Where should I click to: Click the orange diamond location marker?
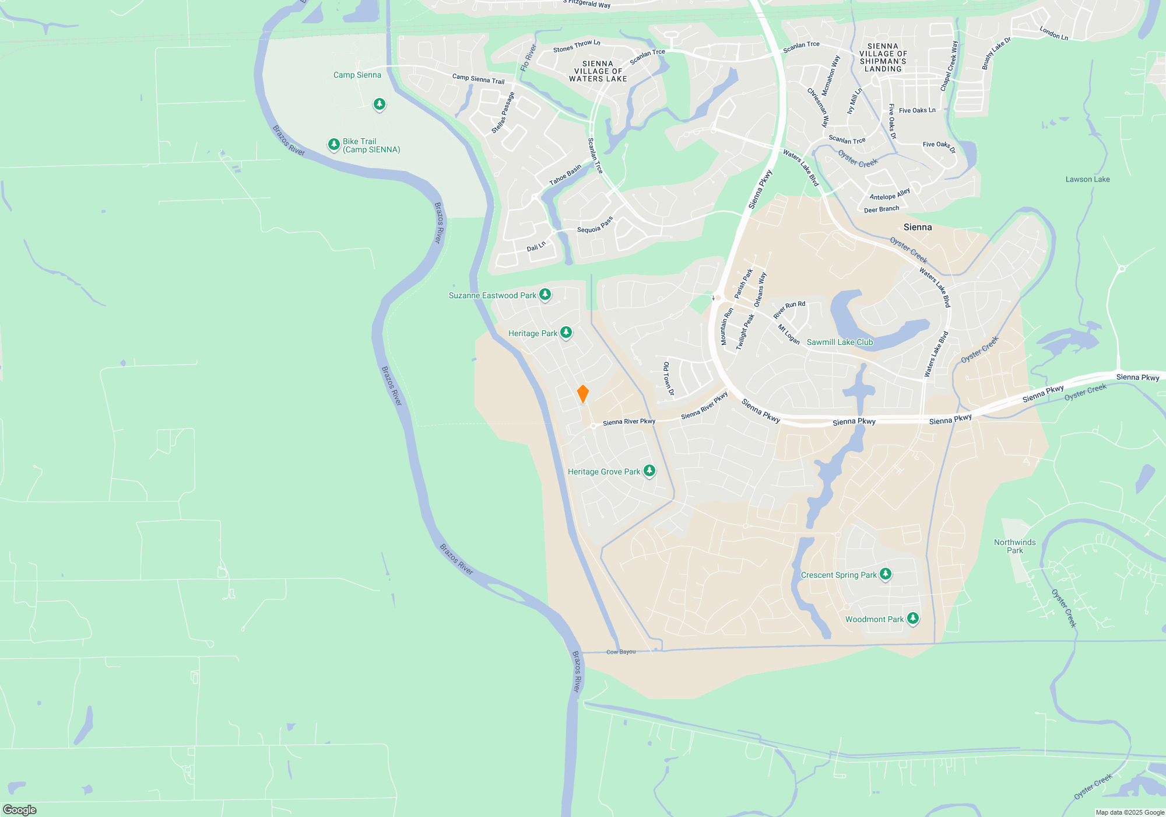click(582, 394)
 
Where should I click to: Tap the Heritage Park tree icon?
click(566, 333)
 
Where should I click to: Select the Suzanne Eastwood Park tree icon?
click(545, 294)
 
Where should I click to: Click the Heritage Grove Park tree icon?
click(649, 470)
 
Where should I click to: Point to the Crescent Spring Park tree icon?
click(885, 574)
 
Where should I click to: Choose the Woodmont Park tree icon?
click(913, 618)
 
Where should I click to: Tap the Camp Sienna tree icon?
click(380, 104)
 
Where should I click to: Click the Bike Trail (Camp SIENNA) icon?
click(333, 144)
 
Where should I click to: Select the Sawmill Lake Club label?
click(840, 343)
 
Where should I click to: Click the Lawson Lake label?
click(1087, 179)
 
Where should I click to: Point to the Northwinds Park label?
click(1014, 546)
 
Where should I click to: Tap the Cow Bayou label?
click(621, 652)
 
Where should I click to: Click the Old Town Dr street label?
click(668, 378)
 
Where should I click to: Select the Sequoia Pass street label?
click(595, 225)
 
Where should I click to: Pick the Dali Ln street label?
click(536, 247)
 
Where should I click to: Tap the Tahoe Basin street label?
click(565, 175)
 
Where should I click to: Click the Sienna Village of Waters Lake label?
click(598, 71)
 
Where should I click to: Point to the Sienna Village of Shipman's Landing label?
click(883, 57)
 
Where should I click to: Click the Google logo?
click(19, 810)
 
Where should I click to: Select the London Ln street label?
click(1053, 33)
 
